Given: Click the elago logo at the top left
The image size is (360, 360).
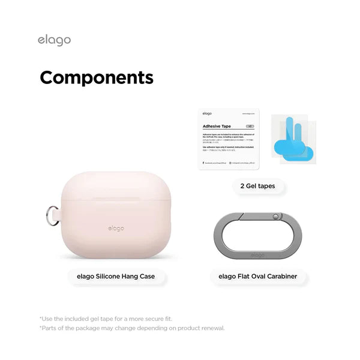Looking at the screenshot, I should coord(54,40).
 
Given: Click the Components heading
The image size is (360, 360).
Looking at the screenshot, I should coord(97,78).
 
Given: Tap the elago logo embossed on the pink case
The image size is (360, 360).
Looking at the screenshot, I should coord(116,228).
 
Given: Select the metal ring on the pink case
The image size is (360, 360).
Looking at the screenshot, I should coord(53,215).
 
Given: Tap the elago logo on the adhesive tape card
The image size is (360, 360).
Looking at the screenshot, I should coord(206,113).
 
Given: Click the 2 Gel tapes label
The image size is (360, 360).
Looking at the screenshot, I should coord(257,186).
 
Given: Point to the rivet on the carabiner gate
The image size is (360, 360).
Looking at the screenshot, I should coord(275,215).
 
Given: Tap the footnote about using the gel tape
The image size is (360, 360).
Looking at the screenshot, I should coord(106,319).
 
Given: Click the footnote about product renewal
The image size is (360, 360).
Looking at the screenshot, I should coord(132,328).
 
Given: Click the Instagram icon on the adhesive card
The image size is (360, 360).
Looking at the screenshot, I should coord(231,163).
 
